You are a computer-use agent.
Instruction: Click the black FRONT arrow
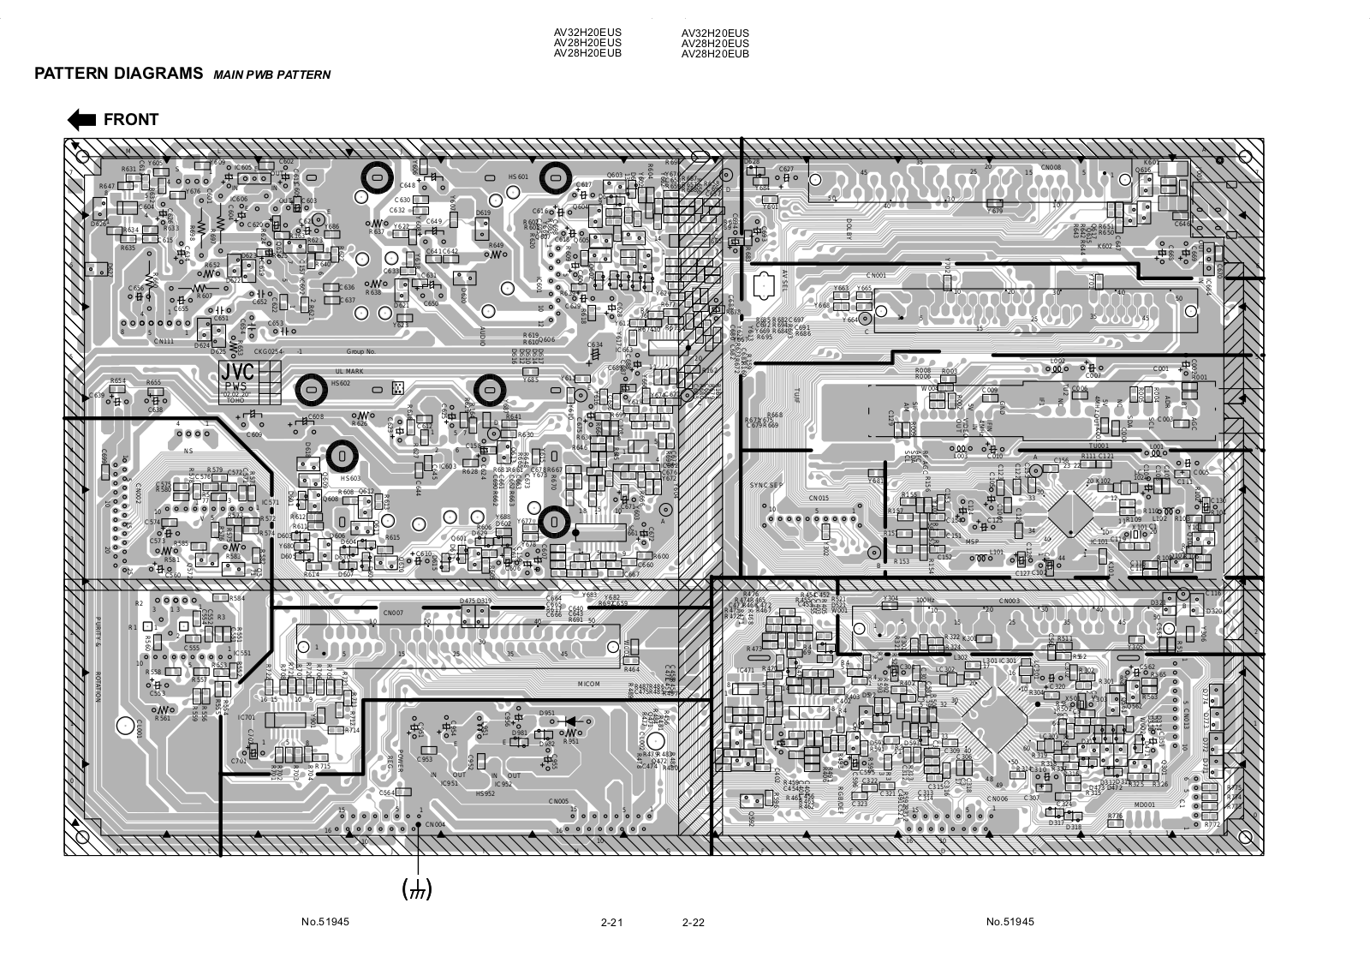pos(82,120)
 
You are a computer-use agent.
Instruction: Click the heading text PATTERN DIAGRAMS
pos(118,73)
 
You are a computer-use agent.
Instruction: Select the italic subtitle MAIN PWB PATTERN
pos(271,75)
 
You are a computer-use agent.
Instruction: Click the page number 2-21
pos(611,923)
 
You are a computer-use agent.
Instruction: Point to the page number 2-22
pos(693,923)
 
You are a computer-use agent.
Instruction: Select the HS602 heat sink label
pos(341,383)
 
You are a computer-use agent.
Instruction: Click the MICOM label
pos(589,684)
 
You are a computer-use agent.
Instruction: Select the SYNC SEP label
pos(766,486)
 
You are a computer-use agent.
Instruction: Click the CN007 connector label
pos(393,613)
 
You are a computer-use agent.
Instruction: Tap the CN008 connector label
pos(1051,168)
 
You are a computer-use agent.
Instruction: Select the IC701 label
pos(246,717)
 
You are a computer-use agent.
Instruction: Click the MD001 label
pos(1145,805)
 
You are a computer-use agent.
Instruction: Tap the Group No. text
pos(361,352)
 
